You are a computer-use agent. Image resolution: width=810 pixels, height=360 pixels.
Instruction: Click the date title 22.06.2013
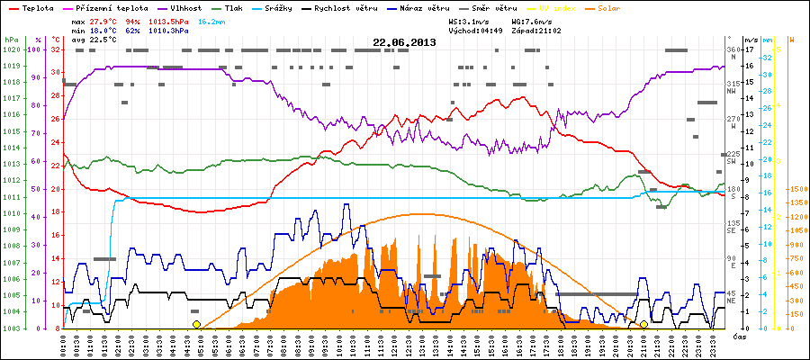click(x=404, y=42)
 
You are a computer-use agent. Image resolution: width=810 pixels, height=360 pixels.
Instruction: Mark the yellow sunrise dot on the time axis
click(x=196, y=324)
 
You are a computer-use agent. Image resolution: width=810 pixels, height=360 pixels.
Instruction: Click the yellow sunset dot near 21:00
click(x=643, y=324)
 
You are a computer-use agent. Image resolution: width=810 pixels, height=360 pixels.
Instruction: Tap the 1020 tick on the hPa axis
click(x=11, y=49)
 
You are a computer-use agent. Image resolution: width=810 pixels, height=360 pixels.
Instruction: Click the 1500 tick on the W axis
click(x=796, y=189)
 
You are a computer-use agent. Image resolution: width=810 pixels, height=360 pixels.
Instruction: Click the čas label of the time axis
click(x=738, y=336)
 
